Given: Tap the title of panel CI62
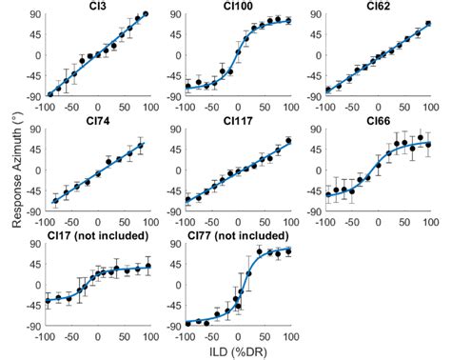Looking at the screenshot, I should pyautogui.click(x=379, y=7).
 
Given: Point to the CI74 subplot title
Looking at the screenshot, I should pyautogui.click(x=97, y=121).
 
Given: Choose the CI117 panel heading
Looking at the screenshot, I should pyautogui.click(x=238, y=121).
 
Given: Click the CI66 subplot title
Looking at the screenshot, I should pyautogui.click(x=379, y=121).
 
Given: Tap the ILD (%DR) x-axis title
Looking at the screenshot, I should pyautogui.click(x=238, y=350).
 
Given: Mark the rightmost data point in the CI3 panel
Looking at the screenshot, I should pyautogui.click(x=145, y=15).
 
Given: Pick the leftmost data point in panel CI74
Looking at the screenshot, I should pyautogui.click(x=56, y=200).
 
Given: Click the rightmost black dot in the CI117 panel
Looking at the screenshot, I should pyautogui.click(x=287, y=141).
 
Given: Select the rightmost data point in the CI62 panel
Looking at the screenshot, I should pyautogui.click(x=428, y=23).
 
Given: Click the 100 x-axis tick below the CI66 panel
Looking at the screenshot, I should pyautogui.click(x=429, y=222).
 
